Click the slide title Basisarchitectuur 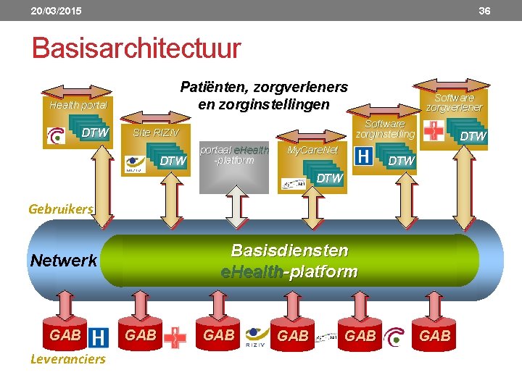136,49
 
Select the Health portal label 78,105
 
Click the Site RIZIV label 155,132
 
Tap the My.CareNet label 312,151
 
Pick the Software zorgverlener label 454,102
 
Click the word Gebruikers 62,209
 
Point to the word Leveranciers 67,359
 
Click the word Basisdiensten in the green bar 289,251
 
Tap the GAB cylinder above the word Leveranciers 66,335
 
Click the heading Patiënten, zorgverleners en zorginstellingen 264,96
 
